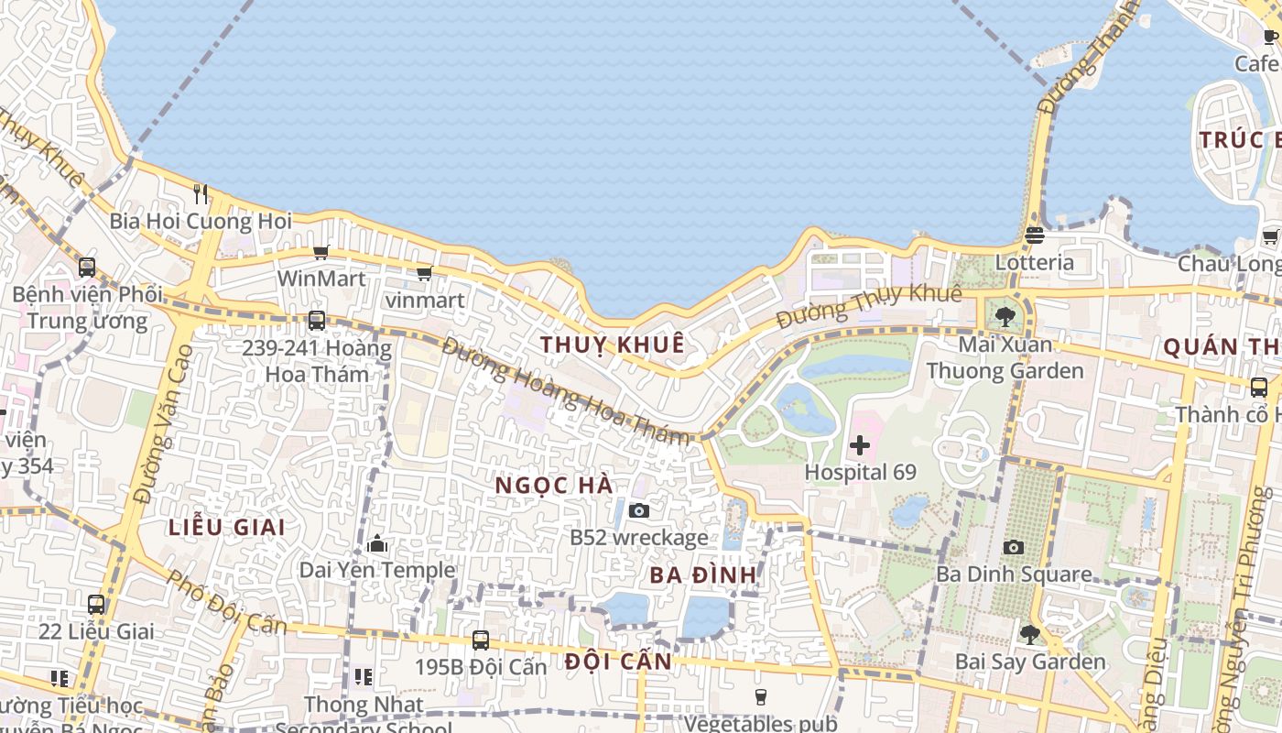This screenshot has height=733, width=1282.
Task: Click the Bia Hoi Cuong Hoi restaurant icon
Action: tap(201, 193)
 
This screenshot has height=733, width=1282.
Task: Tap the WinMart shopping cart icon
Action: tap(320, 252)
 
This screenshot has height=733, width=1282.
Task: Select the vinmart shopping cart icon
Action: tap(424, 273)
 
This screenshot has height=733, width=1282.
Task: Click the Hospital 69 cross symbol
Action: tap(860, 446)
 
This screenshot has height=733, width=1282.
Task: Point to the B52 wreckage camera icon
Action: tap(639, 510)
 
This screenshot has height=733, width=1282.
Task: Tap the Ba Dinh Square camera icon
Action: tap(1013, 547)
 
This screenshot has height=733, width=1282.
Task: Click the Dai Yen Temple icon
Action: tap(377, 544)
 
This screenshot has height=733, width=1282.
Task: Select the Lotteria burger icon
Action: tap(1035, 235)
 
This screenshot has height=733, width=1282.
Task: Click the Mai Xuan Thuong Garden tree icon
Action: tap(1005, 318)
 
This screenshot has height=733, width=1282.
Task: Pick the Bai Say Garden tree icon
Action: tap(1030, 634)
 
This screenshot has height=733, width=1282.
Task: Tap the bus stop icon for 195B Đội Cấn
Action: tap(481, 640)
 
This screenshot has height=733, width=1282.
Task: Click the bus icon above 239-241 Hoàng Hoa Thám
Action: tap(317, 321)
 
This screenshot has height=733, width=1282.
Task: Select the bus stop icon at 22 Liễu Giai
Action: tap(96, 605)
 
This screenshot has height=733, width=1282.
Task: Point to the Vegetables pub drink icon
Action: tap(760, 697)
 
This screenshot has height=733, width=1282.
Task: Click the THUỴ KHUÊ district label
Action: tap(613, 345)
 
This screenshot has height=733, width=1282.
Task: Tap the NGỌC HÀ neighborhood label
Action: tap(554, 485)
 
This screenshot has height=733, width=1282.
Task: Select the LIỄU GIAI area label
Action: tap(227, 527)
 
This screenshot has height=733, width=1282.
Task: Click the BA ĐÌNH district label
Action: tap(703, 575)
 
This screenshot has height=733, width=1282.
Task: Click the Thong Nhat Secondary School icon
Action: tap(364, 677)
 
